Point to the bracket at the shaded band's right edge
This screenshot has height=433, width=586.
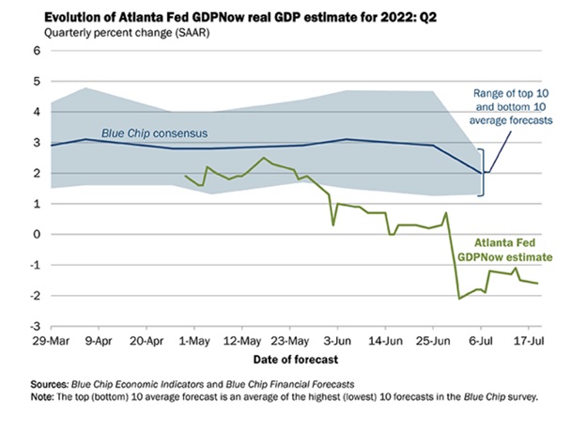pyautogui.click(x=482, y=171)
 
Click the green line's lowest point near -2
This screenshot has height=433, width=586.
pyautogui.click(x=459, y=298)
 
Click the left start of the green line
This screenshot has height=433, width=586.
pyautogui.click(x=185, y=176)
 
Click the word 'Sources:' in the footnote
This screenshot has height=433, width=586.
pyautogui.click(x=53, y=385)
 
